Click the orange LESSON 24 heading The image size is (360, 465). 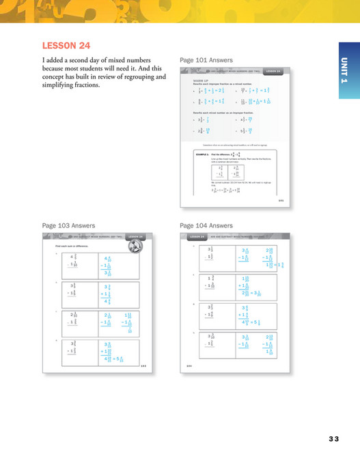pyautogui.click(x=66, y=46)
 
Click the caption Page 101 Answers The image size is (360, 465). pyautogui.click(x=206, y=60)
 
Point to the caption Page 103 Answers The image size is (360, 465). pyautogui.click(x=68, y=225)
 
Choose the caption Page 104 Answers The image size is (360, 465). pyautogui.click(x=206, y=225)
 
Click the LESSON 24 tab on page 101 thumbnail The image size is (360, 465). pyautogui.click(x=273, y=71)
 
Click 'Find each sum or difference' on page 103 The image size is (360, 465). pyautogui.click(x=69, y=244)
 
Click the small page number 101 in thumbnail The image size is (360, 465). pyautogui.click(x=281, y=201)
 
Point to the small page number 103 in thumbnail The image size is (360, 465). pyautogui.click(x=143, y=366)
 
